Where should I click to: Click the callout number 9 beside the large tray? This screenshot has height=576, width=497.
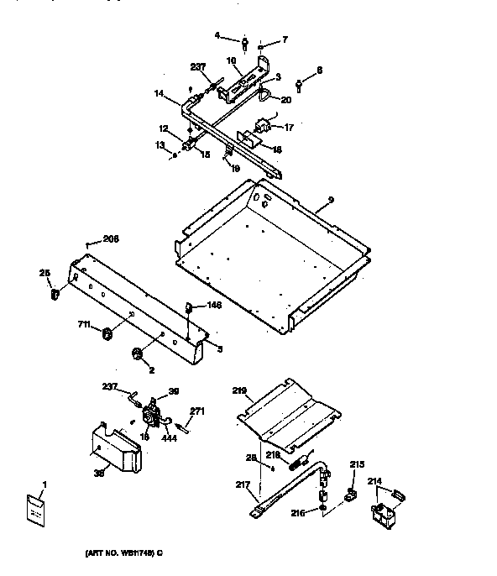point(332,199)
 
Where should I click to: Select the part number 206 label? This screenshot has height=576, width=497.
point(111,238)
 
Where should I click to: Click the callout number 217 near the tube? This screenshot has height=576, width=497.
point(243,484)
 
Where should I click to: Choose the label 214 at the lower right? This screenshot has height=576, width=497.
point(374,482)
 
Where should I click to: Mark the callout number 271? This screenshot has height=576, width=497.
point(221,411)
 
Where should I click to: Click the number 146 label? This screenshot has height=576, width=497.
point(214,306)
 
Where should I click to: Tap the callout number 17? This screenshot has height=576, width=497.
point(288,128)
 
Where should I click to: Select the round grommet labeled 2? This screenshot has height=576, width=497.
point(137,353)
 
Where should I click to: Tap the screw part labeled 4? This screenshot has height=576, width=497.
point(243,42)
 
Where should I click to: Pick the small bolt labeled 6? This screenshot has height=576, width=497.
point(300,82)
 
